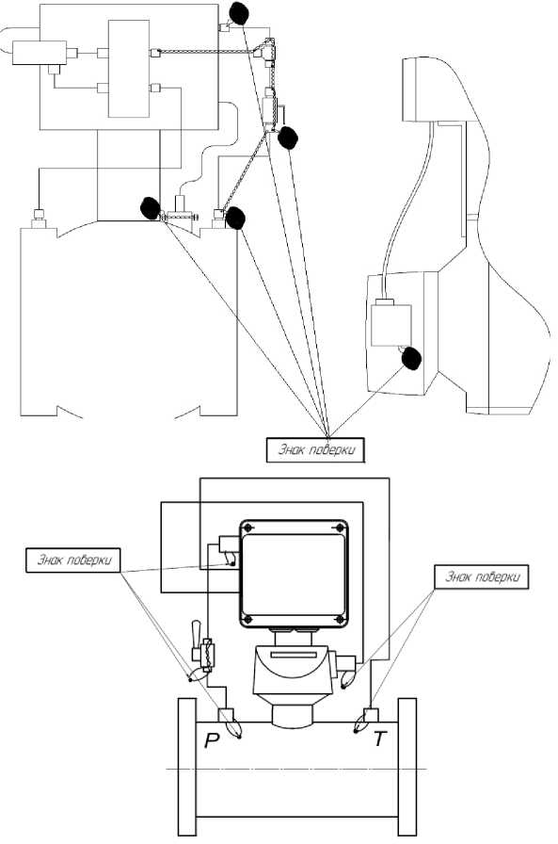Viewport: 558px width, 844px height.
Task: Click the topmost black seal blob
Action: pyautogui.click(x=239, y=13)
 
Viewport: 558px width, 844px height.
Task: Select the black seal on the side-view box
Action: pyautogui.click(x=412, y=359)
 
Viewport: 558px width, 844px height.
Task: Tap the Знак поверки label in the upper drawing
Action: pyautogui.click(x=315, y=449)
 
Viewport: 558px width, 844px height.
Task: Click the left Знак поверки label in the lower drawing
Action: pyautogui.click(x=73, y=560)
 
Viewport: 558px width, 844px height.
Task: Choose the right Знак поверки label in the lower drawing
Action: pyautogui.click(x=481, y=576)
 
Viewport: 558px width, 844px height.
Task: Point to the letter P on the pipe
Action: pyautogui.click(x=212, y=741)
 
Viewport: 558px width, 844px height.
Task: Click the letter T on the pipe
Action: pyautogui.click(x=380, y=739)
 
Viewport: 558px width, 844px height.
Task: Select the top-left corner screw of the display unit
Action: pyautogui.click(x=247, y=528)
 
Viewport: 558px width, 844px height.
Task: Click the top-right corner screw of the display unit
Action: pyautogui.click(x=339, y=528)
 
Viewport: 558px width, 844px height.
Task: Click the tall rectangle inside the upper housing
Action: pyautogui.click(x=129, y=69)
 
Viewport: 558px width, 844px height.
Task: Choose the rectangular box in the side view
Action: pyautogui.click(x=391, y=326)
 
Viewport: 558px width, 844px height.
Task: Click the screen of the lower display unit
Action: pyautogui.click(x=293, y=575)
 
